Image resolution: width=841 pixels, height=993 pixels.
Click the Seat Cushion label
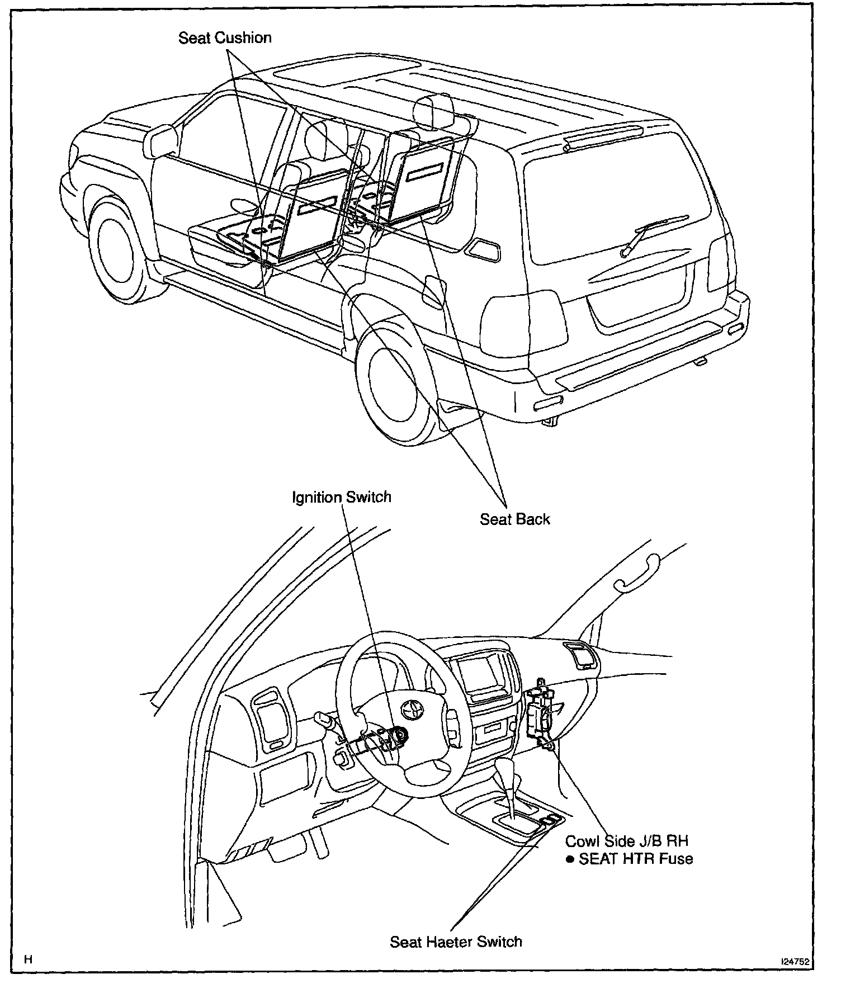coord(225,38)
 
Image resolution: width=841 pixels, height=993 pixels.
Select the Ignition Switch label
coord(342,497)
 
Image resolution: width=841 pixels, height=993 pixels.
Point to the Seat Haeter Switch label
coord(456,942)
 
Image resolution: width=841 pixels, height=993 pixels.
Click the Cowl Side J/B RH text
coord(626,841)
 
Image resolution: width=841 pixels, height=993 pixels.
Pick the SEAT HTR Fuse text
coord(635,859)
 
